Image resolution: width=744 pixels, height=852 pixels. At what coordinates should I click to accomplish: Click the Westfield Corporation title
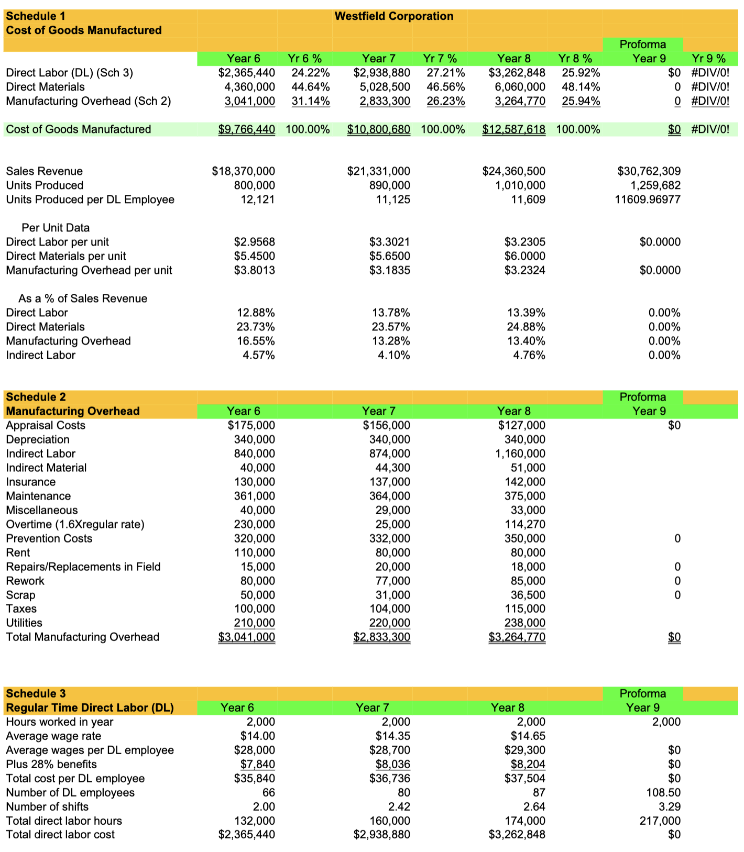point(393,16)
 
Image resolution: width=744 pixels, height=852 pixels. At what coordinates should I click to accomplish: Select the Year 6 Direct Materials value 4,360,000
point(249,87)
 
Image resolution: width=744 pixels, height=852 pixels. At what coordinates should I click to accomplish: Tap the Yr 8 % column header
point(575,59)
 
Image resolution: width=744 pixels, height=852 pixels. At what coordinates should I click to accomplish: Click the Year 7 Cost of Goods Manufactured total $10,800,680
point(378,129)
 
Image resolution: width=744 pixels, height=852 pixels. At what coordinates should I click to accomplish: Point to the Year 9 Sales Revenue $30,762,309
point(649,171)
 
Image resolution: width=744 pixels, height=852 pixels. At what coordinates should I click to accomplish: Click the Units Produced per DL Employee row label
point(90,200)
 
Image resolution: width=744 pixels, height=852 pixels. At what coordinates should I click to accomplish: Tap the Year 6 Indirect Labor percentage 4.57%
point(258,355)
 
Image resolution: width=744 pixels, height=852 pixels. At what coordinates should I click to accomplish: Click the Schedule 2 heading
point(36,397)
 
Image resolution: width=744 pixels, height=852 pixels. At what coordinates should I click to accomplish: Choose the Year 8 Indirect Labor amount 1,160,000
point(520,453)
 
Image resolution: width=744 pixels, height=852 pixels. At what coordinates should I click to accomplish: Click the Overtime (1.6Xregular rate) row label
point(75,524)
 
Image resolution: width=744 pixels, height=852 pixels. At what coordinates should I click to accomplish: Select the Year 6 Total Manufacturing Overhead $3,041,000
point(246,637)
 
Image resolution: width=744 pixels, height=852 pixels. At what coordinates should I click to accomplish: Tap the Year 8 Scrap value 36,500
point(528,595)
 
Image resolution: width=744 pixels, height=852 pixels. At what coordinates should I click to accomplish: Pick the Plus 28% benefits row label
point(51,764)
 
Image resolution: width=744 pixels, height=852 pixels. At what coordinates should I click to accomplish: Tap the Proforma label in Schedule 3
point(642,693)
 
